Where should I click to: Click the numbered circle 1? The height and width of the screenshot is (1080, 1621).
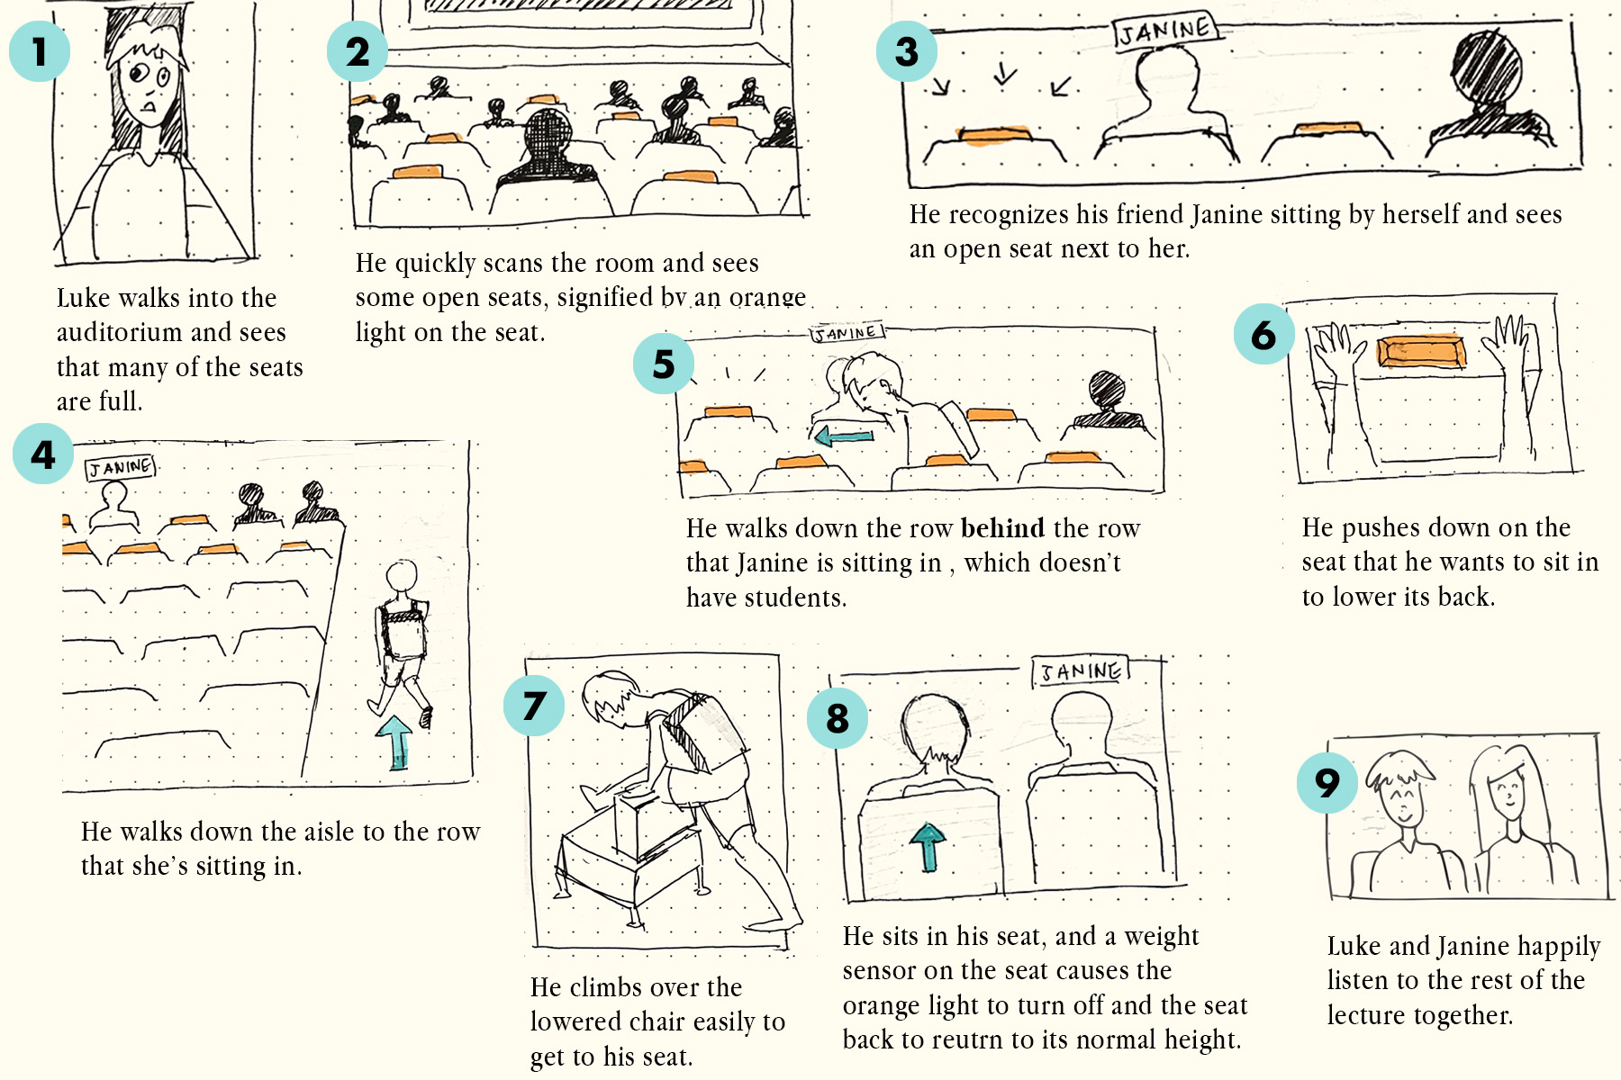point(40,51)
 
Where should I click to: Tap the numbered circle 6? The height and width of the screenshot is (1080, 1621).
point(1264,334)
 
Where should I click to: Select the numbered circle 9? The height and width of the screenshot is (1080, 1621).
point(1327,783)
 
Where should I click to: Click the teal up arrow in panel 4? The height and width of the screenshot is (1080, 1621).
point(395,742)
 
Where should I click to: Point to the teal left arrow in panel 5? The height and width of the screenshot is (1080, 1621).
point(844,437)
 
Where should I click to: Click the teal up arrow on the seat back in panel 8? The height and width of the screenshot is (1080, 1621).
point(928,847)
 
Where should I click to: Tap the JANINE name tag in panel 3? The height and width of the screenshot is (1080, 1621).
point(1166,31)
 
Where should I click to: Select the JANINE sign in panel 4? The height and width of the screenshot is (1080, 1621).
point(121,467)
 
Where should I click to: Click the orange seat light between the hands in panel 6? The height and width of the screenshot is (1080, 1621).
point(1421,351)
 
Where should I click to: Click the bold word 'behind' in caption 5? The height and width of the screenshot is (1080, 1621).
point(1002,528)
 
